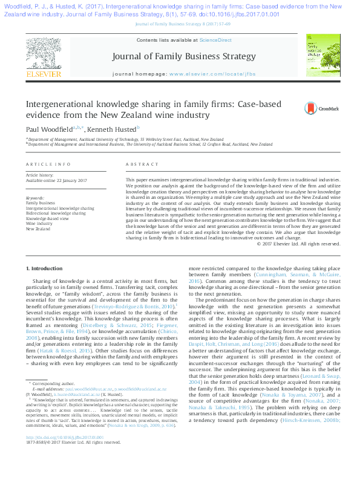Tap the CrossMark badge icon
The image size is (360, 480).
pos(310,109)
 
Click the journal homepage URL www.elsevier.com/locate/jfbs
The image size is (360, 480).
pos(211,74)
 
